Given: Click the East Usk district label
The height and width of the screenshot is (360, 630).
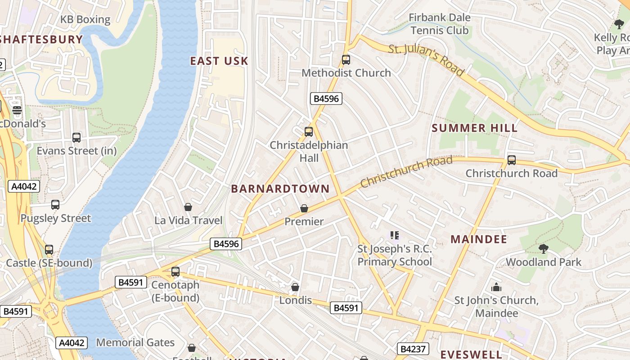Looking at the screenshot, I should pyautogui.click(x=219, y=61).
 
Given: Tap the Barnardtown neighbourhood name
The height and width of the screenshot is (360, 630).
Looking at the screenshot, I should pyautogui.click(x=280, y=189).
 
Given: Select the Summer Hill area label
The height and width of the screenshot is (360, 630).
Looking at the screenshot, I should pyautogui.click(x=475, y=128).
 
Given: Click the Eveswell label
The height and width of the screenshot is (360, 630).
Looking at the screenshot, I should pyautogui.click(x=471, y=354).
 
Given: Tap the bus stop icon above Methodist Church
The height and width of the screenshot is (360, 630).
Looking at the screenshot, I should pyautogui.click(x=346, y=59).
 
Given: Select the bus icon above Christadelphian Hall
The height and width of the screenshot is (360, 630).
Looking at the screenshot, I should pyautogui.click(x=308, y=131).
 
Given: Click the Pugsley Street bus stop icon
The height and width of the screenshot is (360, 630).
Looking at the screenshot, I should pyautogui.click(x=55, y=205).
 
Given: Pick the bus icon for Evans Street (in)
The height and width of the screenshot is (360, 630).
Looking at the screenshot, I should pyautogui.click(x=76, y=137).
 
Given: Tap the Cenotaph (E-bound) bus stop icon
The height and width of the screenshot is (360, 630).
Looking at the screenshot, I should pyautogui.click(x=175, y=271).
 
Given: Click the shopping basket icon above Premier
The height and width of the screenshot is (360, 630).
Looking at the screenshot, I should pyautogui.click(x=304, y=208).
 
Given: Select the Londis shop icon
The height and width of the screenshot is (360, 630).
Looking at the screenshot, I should pyautogui.click(x=295, y=287).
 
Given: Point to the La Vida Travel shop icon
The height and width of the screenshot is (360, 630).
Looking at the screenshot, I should pyautogui.click(x=188, y=207).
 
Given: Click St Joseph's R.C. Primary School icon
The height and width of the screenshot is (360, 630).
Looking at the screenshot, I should pyautogui.click(x=395, y=235).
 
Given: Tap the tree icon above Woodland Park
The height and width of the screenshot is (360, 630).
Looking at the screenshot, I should pyautogui.click(x=543, y=248).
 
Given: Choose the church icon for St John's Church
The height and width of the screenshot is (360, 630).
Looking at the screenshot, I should pyautogui.click(x=496, y=287).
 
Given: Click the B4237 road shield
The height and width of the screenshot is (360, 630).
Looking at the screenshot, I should pyautogui.click(x=413, y=349).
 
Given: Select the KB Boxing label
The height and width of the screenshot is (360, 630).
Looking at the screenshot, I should pyautogui.click(x=85, y=19).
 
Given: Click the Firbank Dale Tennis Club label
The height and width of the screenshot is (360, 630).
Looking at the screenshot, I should pyautogui.click(x=440, y=24).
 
